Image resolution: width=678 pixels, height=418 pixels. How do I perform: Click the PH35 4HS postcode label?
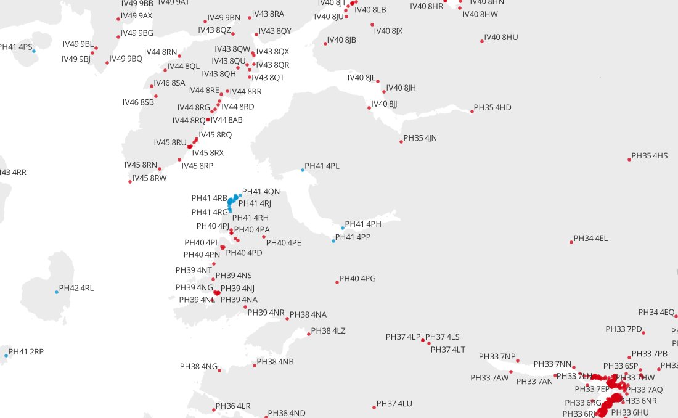coord(650,156)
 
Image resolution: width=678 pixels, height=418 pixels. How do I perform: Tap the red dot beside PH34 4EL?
coord(571,242)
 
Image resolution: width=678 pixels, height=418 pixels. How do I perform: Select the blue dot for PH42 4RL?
coord(57,292)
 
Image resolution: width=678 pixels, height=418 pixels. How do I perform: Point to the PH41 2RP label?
coord(26,352)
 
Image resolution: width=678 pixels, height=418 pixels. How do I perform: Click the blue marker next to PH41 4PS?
coord(34,51)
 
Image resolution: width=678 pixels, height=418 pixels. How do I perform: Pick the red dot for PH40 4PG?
coord(337,282)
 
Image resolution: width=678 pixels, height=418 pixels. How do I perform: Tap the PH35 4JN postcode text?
coord(420,138)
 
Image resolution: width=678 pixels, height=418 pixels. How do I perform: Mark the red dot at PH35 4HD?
coord(472,112)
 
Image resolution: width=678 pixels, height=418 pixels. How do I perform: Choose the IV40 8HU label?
coord(501,38)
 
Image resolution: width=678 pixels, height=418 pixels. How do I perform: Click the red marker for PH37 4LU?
coord(374,407)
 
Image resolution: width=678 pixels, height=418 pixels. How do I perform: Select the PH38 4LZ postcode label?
coord(328,331)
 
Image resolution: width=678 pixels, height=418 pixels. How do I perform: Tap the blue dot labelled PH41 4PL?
coord(303,170)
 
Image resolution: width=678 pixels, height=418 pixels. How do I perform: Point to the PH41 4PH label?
coord(363,224)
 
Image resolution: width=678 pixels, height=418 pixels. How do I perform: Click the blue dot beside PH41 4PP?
coord(333,241)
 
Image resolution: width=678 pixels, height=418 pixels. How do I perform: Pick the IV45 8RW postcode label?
coord(149,178)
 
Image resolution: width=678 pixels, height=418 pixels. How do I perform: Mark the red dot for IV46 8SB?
coord(156,96)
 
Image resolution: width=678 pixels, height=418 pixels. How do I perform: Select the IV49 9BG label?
coord(137,33)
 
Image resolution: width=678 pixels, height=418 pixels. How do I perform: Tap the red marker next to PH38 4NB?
coord(255,366)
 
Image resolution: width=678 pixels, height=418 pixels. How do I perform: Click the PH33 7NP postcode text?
coord(497,357)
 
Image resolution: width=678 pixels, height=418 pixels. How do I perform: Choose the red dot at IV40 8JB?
coord(325,44)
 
